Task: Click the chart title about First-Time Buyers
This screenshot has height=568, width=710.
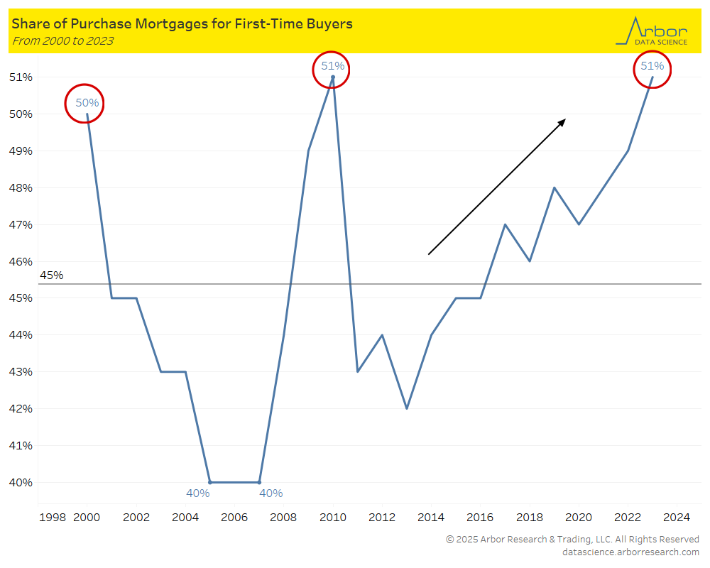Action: coord(182,24)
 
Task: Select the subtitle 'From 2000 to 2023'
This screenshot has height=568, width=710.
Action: coord(62,41)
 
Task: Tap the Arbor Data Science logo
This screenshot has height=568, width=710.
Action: coord(652,31)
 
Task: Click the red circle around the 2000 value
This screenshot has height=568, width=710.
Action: coord(84,104)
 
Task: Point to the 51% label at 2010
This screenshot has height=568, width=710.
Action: coord(332,66)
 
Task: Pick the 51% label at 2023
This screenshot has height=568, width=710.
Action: coord(652,66)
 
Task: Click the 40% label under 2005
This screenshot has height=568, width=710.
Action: coord(198,493)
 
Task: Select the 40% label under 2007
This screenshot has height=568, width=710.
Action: coord(271,493)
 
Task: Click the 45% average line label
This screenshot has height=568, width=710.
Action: coord(51,275)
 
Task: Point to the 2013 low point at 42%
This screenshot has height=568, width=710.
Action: coord(407,408)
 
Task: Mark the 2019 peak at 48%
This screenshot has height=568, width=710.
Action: coord(554,187)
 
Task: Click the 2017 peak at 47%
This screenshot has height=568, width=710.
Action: coord(505,224)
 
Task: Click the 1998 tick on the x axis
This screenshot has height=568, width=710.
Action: coord(53,517)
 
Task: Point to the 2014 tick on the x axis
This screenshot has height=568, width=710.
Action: coord(431,517)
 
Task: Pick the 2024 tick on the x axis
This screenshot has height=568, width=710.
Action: coord(677,517)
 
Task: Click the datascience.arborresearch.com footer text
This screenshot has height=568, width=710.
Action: coord(630,552)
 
